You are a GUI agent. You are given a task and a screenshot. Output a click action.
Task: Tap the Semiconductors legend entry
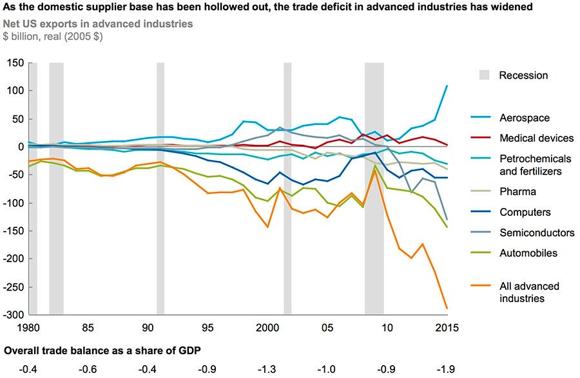(536, 232)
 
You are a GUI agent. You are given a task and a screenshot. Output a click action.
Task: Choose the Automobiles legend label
(527, 253)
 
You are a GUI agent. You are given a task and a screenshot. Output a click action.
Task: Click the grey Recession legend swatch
(484, 75)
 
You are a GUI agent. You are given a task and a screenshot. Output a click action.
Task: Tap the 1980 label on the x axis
(28, 327)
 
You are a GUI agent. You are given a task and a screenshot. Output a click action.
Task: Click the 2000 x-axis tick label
(266, 327)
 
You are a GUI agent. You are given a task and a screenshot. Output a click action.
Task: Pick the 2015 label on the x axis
(446, 327)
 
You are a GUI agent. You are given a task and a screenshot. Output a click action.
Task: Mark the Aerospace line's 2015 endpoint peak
(447, 86)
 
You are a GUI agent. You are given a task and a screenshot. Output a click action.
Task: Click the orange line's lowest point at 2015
(447, 309)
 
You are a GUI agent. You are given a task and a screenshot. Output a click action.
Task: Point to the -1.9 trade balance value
(446, 369)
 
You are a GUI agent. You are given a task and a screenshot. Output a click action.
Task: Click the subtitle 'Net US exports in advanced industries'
(98, 24)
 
